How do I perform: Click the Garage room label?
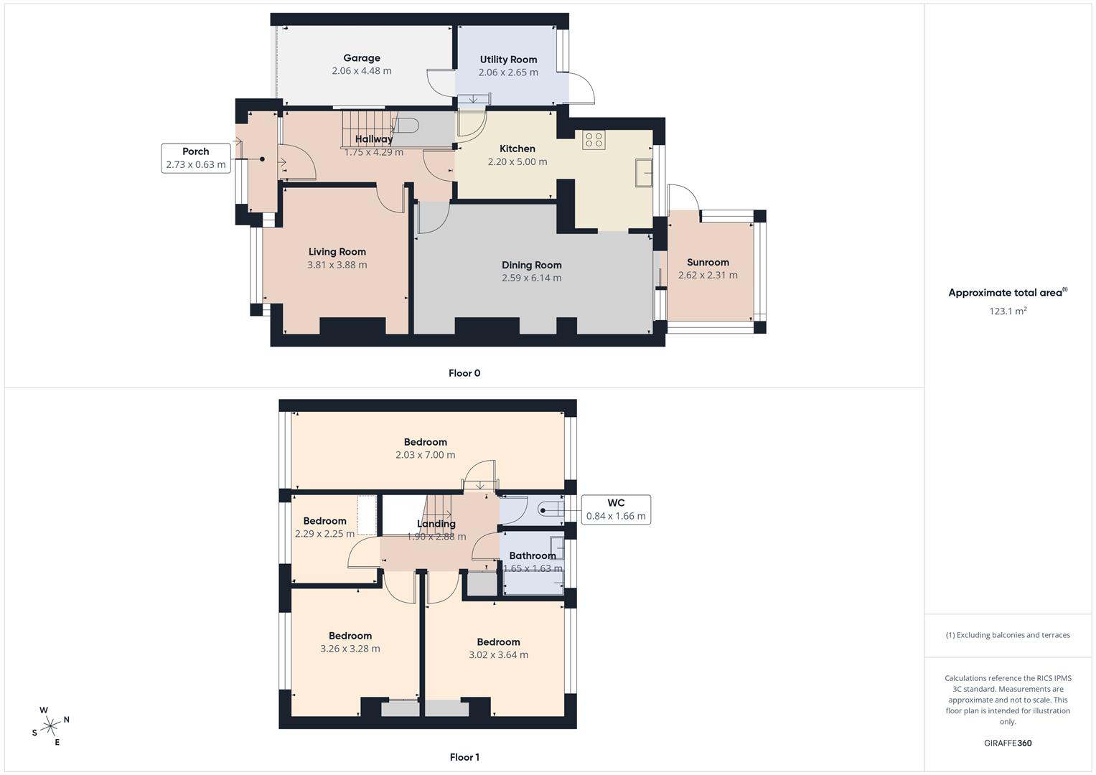click(x=362, y=58)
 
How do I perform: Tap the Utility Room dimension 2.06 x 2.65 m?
click(x=508, y=72)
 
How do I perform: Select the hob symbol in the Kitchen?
click(x=594, y=139)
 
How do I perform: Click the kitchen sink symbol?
click(x=643, y=173)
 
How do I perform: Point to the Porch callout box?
click(x=196, y=158)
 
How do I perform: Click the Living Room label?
click(x=337, y=252)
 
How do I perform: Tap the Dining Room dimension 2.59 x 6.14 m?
click(x=531, y=278)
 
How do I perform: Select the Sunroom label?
click(x=708, y=263)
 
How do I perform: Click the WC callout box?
click(x=615, y=509)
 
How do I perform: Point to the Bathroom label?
click(x=533, y=555)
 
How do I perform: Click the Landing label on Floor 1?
click(x=436, y=524)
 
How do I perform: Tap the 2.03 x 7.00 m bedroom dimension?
click(x=425, y=455)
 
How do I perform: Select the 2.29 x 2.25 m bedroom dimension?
click(x=324, y=534)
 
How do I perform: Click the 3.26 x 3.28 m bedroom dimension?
click(x=350, y=649)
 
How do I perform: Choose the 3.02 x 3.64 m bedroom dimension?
click(x=498, y=655)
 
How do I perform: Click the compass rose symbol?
click(x=50, y=726)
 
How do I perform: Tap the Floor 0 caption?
click(x=464, y=373)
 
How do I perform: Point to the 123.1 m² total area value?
click(x=1008, y=311)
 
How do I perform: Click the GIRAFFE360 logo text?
click(x=1008, y=743)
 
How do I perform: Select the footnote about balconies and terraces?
click(x=1008, y=635)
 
